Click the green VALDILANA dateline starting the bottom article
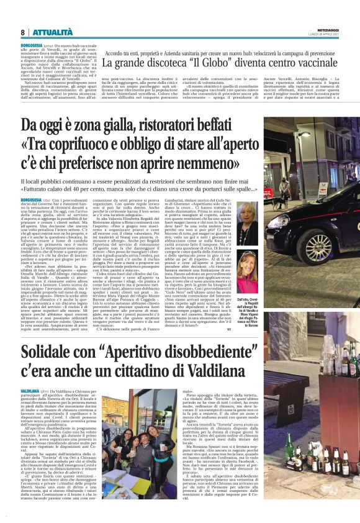[30, 390]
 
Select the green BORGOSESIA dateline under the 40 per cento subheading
[32, 199]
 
